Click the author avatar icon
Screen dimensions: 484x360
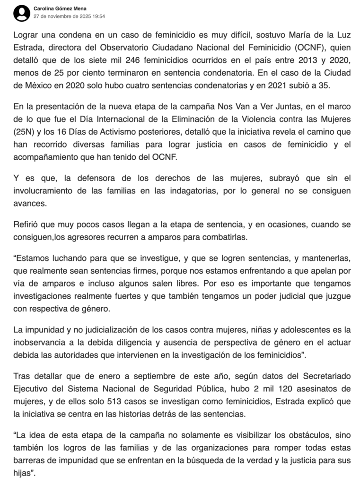click(22, 12)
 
